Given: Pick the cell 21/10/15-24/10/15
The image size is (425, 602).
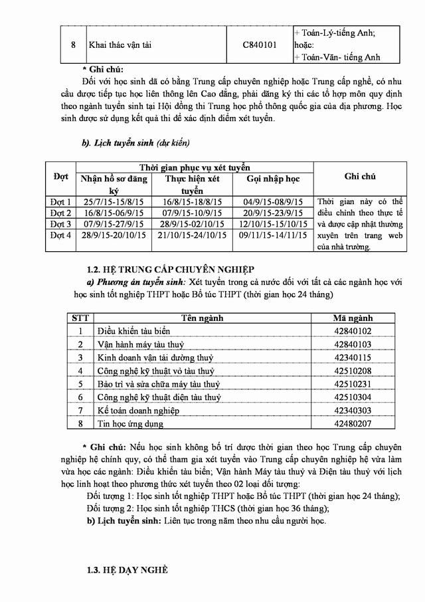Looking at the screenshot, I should tap(193, 236).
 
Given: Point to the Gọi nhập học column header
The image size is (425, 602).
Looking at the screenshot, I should tap(273, 179).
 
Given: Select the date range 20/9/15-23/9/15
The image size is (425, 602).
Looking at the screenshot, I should tap(273, 213).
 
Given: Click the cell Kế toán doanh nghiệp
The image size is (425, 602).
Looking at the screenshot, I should tap(138, 411).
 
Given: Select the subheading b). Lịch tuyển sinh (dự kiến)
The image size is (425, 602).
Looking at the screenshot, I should tap(135, 143).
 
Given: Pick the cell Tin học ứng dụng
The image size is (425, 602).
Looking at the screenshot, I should tap(129, 423).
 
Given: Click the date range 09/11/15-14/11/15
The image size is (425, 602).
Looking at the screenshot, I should tap(273, 236).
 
